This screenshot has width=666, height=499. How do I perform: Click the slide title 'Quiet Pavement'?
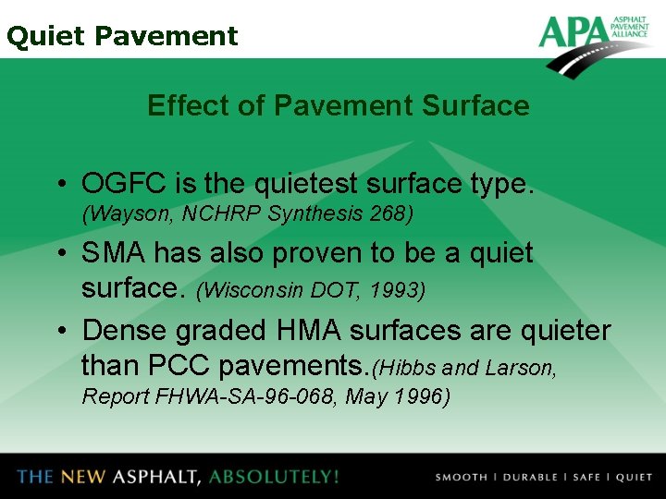[122, 36]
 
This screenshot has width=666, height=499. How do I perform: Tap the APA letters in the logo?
[573, 33]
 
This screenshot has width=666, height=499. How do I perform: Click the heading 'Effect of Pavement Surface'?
[338, 105]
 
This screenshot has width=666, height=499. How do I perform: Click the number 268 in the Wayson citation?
[388, 214]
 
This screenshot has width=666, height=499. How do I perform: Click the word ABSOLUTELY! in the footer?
[275, 477]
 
